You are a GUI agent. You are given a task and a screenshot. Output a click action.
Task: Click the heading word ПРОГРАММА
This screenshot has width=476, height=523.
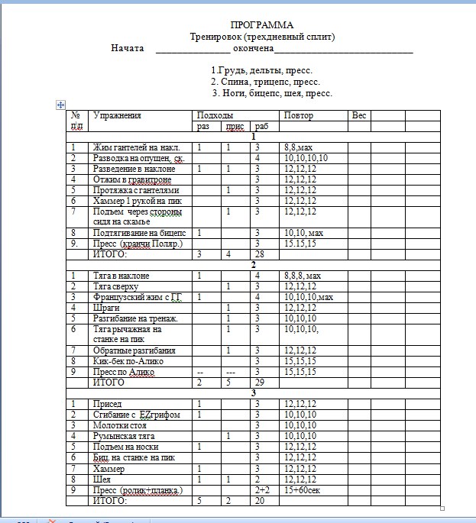[261, 25]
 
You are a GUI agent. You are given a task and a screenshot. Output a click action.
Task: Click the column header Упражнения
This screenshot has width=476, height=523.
[117, 115]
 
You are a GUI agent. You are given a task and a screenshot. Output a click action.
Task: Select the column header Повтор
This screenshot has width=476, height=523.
[298, 115]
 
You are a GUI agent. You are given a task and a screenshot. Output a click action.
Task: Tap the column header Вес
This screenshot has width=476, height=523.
[359, 115]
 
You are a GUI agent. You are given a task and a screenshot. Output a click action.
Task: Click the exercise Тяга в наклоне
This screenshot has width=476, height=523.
[121, 276]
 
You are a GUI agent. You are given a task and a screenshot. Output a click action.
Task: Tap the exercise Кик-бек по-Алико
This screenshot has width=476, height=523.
[128, 360]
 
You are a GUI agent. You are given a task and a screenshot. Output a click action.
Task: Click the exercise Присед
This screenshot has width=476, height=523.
[108, 403]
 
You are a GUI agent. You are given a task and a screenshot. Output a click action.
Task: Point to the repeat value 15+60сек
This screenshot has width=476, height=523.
[303, 489]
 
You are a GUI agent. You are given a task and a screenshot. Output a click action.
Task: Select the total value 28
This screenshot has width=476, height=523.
[260, 253]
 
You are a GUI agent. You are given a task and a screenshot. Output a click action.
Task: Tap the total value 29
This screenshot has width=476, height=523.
[260, 382]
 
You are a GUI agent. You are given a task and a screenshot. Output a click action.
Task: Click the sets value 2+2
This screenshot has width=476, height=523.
[262, 489]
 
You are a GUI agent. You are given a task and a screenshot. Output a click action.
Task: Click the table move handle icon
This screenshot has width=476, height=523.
[60, 104]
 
